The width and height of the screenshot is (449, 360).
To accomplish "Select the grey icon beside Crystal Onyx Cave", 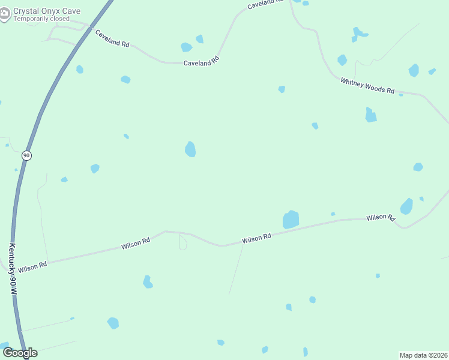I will click(x=5, y=14).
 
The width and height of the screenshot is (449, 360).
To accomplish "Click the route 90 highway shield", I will click(x=26, y=155).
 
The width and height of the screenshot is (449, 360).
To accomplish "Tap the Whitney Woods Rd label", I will click(x=367, y=86).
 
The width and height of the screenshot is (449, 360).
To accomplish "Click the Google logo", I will click(x=20, y=353).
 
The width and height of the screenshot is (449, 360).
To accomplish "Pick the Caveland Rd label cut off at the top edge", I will click(x=265, y=4).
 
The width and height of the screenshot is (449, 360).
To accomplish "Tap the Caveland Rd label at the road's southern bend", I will click(x=201, y=61).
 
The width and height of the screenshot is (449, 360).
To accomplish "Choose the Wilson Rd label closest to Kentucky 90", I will click(x=32, y=267).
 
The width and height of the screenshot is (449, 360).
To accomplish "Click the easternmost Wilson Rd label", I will click(x=381, y=217).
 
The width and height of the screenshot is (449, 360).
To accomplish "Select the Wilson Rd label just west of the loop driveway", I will click(x=136, y=244).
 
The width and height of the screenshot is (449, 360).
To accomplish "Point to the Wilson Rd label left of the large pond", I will click(x=256, y=238).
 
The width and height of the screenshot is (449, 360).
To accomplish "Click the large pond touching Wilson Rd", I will click(x=291, y=220).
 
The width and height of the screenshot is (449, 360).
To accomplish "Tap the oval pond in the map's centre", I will click(x=190, y=149).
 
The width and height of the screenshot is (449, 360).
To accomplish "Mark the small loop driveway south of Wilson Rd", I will click(x=183, y=242).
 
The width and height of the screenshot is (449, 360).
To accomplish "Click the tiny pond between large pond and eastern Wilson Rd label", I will click(x=333, y=214).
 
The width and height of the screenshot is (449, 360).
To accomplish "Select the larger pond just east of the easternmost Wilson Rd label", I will click(x=406, y=206).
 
